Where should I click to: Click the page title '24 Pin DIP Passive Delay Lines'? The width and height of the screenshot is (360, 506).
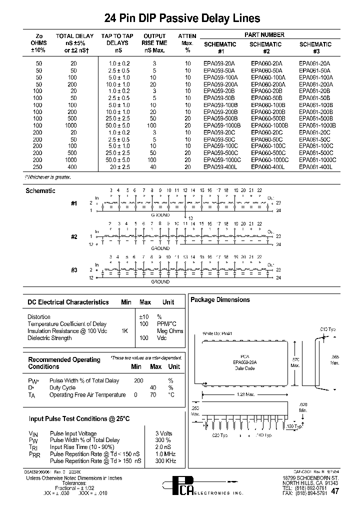(182, 18)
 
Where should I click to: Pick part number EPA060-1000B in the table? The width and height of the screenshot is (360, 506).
(269, 125)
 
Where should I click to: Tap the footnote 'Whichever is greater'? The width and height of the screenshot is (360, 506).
(48, 177)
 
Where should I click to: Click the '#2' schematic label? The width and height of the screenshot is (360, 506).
(73, 236)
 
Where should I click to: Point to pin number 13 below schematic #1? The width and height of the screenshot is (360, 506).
(190, 217)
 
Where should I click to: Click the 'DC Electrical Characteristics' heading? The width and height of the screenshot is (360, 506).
(68, 302)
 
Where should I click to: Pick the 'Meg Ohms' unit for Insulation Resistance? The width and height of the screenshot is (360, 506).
(170, 331)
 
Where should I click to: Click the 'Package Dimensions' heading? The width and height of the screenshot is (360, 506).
(220, 300)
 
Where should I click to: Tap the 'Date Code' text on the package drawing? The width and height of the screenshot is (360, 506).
(245, 368)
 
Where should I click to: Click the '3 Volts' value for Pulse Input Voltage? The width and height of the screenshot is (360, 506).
(164, 433)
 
